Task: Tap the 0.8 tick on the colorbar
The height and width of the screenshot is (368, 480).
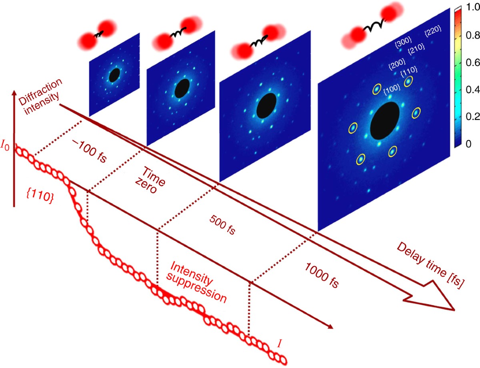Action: coord(471,35)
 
